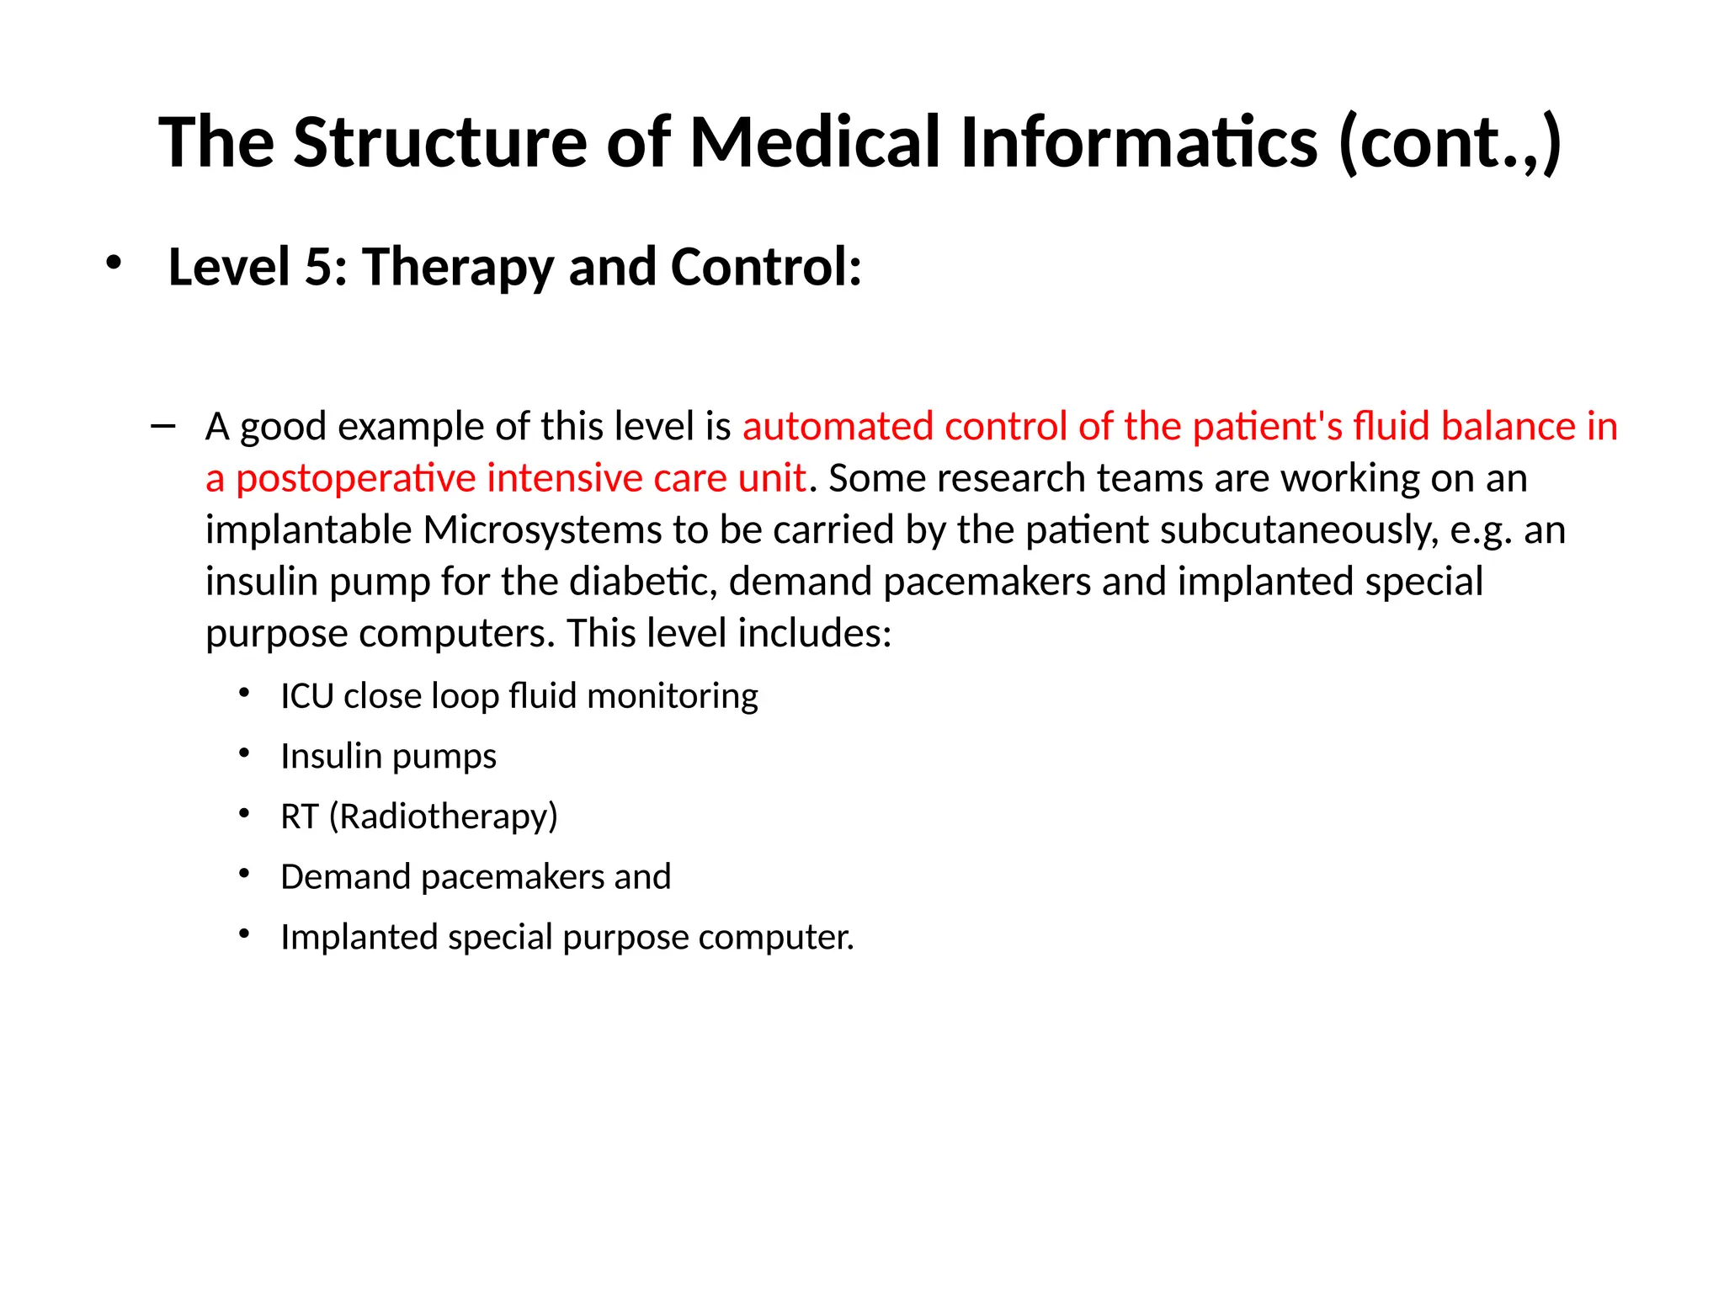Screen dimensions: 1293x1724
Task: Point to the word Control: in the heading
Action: tap(765, 267)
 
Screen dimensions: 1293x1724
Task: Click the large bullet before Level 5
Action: tap(113, 263)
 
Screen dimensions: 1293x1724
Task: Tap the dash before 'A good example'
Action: tap(162, 426)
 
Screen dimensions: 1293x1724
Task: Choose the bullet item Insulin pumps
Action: tap(388, 756)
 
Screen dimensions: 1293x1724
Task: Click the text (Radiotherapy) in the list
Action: tap(444, 817)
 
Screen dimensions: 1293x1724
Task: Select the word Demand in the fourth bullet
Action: tap(346, 877)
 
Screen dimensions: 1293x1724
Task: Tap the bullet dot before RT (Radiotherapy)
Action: tap(244, 814)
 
